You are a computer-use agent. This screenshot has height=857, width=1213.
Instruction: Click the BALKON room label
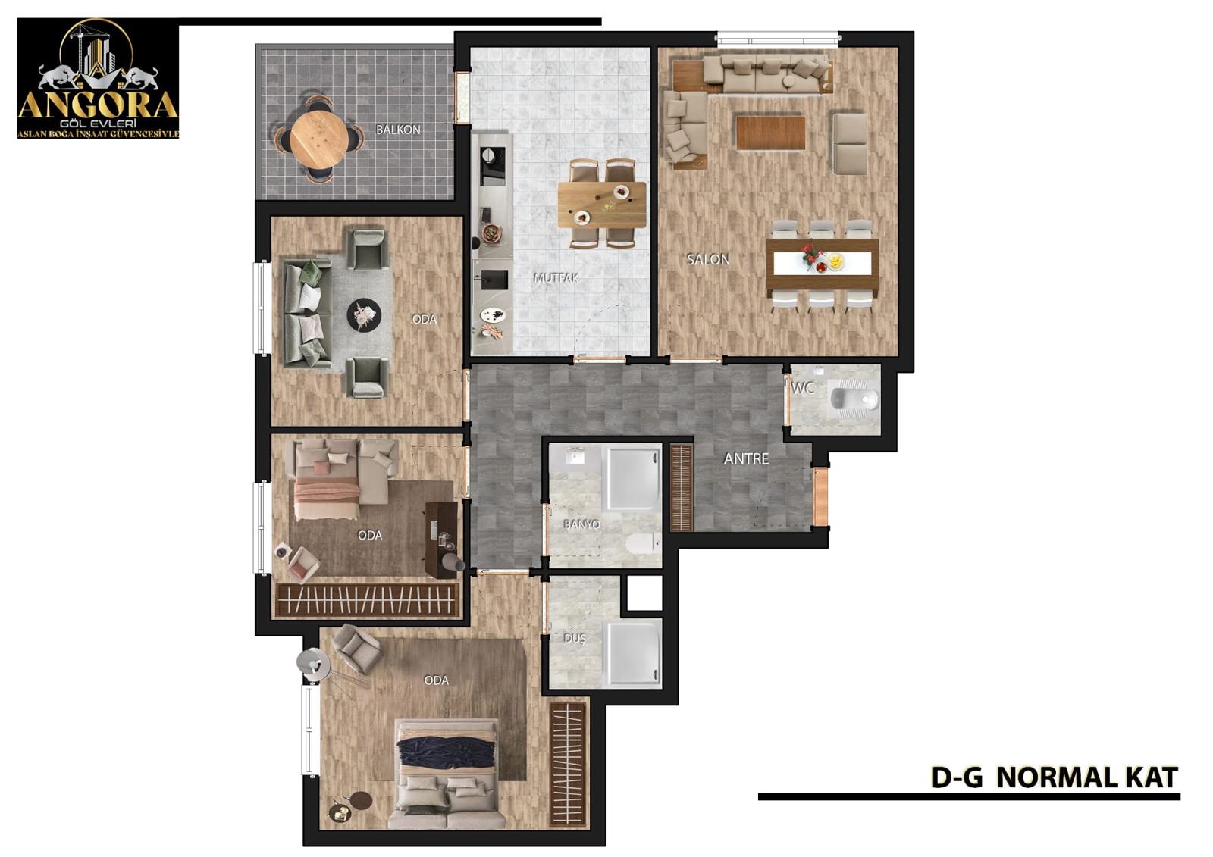point(398,130)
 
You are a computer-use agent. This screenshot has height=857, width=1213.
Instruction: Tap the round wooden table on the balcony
point(318,138)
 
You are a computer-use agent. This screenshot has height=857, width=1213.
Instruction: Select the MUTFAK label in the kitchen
point(556,278)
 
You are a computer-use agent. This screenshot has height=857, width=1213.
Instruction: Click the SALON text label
point(708,259)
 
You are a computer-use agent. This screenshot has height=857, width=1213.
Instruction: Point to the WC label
point(803,388)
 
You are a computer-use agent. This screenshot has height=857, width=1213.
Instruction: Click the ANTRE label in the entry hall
point(746,458)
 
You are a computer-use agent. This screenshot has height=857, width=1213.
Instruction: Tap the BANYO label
point(581,524)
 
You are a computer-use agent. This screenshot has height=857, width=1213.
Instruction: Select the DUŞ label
point(575,638)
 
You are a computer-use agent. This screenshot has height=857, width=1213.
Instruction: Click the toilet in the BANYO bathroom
point(644,543)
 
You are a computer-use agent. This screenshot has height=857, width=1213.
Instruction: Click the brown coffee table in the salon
point(770,132)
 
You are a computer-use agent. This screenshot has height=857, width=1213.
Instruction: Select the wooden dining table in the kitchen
point(602,205)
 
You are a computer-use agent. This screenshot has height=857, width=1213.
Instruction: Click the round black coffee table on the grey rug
point(364,314)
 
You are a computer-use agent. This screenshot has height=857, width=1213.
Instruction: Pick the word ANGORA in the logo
point(98,105)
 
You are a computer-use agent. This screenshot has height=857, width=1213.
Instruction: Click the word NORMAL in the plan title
point(1047,778)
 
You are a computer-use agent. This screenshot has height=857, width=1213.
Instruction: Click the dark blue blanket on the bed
point(446,754)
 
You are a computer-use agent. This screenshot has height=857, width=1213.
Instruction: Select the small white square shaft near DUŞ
point(644,593)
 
